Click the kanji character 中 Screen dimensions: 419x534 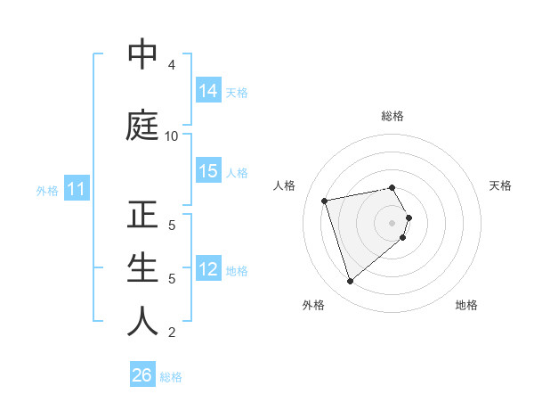tap(142, 54)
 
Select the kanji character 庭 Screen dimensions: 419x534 tap(142, 125)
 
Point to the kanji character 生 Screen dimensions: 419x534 tap(142, 268)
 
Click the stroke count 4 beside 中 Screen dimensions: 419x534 tap(172, 65)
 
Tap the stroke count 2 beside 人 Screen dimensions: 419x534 tap(172, 333)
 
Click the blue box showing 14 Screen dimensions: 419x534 tap(208, 90)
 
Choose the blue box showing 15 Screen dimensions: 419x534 tap(208, 171)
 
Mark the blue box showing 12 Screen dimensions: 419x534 tap(208, 269)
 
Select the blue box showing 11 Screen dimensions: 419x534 tap(76, 189)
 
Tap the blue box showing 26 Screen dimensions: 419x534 tap(142, 375)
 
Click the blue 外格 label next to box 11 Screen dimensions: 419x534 tap(46, 190)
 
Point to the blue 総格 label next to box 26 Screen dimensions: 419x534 tap(172, 377)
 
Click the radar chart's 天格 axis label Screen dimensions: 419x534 tap(500, 185)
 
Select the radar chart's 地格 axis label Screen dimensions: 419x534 tap(466, 305)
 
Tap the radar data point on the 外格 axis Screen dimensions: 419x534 tap(350, 281)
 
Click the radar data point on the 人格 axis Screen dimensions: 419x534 tap(325, 200)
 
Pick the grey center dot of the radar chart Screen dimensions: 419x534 tap(392, 222)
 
